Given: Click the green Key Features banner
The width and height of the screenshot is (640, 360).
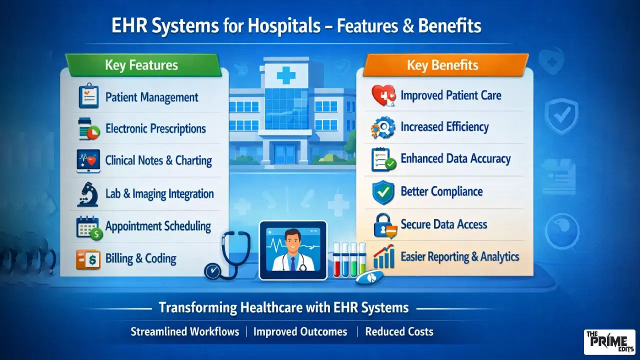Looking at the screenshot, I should [x=142, y=65].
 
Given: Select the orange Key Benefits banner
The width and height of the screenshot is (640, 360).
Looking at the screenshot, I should [x=443, y=65].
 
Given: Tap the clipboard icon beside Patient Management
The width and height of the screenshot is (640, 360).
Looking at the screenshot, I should [x=88, y=96].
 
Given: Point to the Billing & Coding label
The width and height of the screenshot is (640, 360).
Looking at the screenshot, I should [x=140, y=258].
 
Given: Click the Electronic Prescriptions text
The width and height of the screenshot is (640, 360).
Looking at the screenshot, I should [x=155, y=128].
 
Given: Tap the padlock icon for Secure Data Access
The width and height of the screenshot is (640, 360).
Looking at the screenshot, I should [x=384, y=225].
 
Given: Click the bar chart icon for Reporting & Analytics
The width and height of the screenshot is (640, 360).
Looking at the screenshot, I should [x=384, y=257].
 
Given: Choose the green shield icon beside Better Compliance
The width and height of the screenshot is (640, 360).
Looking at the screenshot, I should [x=384, y=192].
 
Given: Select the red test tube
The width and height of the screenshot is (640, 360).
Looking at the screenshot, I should [x=337, y=260].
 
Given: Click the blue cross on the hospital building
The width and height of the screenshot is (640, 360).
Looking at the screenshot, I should [x=286, y=76].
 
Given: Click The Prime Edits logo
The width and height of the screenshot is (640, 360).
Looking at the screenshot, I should [x=609, y=342].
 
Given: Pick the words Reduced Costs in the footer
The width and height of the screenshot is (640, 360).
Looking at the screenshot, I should [x=399, y=331].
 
